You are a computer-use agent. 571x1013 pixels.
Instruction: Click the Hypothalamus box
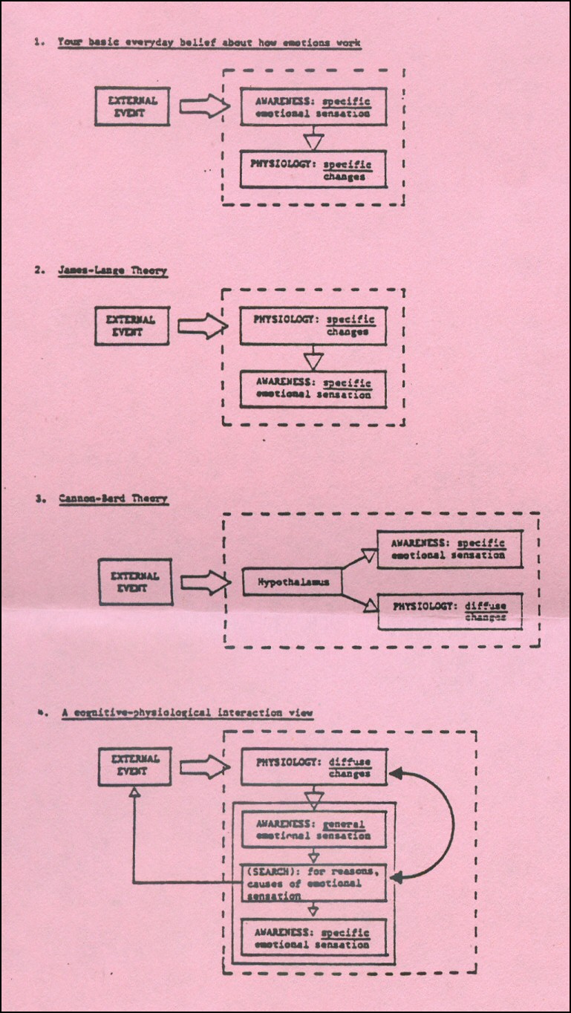point(292,582)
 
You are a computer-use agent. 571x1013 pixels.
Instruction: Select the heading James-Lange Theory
point(113,271)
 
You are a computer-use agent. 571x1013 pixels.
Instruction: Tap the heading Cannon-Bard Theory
point(114,499)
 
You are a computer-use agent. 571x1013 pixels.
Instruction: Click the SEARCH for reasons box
point(314,883)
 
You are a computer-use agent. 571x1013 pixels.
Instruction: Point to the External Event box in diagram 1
point(132,106)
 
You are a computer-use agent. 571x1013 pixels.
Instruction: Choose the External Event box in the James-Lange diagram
point(132,326)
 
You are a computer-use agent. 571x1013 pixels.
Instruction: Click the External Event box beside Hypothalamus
point(136,582)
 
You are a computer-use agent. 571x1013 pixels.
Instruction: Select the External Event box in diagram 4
point(134,766)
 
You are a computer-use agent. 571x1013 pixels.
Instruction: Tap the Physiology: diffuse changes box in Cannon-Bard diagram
point(450,611)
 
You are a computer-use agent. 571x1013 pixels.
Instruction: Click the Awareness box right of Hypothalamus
point(450,549)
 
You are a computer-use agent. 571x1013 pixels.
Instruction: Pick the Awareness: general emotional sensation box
point(314,830)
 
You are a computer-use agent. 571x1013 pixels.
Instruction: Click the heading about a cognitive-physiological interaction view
point(187,713)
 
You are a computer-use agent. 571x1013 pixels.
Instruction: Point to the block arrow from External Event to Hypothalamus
point(206,582)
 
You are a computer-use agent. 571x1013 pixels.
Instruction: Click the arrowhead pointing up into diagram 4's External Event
point(134,792)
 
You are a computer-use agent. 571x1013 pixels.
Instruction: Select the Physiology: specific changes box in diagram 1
point(313,169)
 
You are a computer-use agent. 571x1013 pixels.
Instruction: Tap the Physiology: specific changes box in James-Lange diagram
point(313,326)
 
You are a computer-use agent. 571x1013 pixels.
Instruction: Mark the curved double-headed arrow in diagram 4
point(454,825)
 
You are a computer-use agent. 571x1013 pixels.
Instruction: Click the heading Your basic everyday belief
point(209,43)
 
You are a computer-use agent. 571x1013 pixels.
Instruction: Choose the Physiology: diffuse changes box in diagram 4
point(314,767)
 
